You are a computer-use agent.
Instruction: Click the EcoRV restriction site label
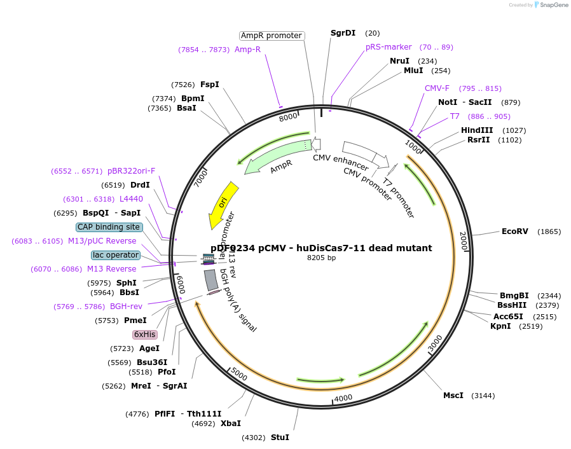514,231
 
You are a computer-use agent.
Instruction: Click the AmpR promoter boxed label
272,36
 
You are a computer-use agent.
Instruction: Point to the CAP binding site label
109,227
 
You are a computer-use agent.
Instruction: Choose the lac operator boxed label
115,255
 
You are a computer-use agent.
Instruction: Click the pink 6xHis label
144,335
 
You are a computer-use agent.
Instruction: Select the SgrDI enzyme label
343,33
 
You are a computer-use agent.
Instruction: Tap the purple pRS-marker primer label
389,47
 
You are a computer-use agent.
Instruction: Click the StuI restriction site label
280,438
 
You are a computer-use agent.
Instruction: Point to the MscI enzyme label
453,396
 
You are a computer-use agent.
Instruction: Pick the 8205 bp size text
321,258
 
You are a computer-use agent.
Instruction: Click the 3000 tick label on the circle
435,344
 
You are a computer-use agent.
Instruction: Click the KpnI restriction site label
500,326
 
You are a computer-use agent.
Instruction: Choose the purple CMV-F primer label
437,88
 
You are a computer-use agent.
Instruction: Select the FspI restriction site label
209,85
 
